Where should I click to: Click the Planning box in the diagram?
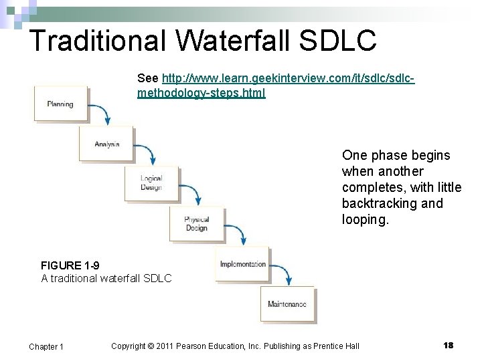click(x=61, y=104)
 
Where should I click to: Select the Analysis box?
click(x=106, y=144)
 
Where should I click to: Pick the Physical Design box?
click(x=197, y=223)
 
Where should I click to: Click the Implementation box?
click(x=242, y=263)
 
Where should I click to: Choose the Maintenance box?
click(x=287, y=304)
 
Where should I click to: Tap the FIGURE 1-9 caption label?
click(x=70, y=265)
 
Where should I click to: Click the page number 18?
click(x=449, y=345)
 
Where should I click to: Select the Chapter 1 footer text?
click(x=46, y=346)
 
